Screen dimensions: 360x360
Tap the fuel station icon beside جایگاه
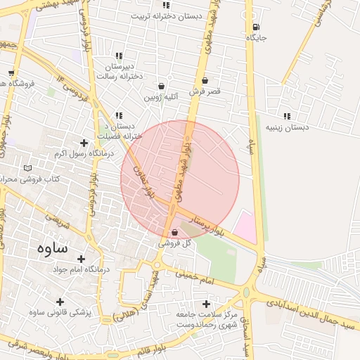click(x=254, y=27)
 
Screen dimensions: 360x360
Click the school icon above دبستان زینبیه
click(x=286, y=116)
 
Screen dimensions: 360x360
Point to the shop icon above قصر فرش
click(x=205, y=81)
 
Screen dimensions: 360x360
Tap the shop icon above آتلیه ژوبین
click(x=162, y=84)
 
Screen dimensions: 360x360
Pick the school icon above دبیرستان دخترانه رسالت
click(x=119, y=55)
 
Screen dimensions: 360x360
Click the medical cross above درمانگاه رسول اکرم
click(x=84, y=143)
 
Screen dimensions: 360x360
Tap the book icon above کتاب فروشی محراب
click(x=28, y=168)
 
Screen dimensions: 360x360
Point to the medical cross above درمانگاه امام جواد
click(x=81, y=259)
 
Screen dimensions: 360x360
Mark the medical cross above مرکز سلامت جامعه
click(x=205, y=304)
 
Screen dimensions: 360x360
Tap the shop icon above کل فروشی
click(x=174, y=233)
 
